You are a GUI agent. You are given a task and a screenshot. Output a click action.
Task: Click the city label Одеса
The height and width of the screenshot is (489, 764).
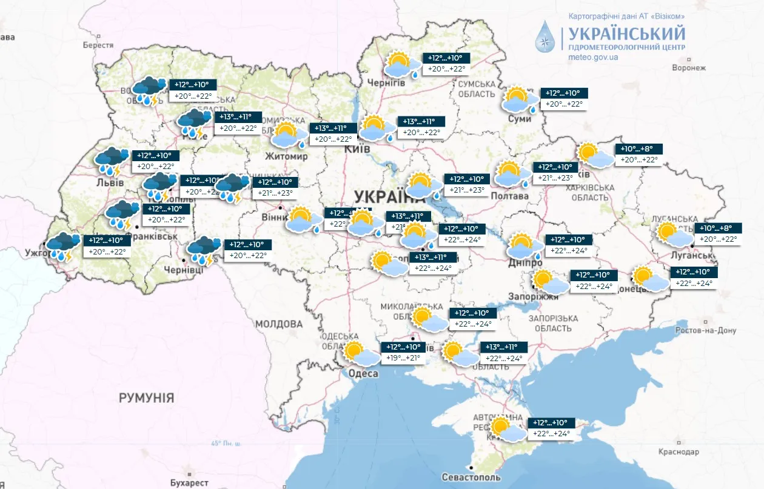point(363,374)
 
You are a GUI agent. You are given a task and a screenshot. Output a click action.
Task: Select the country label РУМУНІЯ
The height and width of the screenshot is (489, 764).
point(146,398)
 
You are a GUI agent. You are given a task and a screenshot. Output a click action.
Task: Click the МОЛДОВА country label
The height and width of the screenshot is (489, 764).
point(278,324)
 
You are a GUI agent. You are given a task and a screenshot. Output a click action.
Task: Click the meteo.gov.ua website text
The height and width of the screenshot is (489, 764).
point(593,57)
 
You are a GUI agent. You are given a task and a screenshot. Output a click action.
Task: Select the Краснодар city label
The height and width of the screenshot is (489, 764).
point(679,452)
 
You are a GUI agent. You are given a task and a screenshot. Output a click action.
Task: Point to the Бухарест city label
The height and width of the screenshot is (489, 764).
point(188,483)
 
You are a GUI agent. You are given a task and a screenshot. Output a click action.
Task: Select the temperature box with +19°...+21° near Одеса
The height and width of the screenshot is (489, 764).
point(403,353)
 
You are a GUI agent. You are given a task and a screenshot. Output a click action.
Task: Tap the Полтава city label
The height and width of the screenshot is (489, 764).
point(510,196)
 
